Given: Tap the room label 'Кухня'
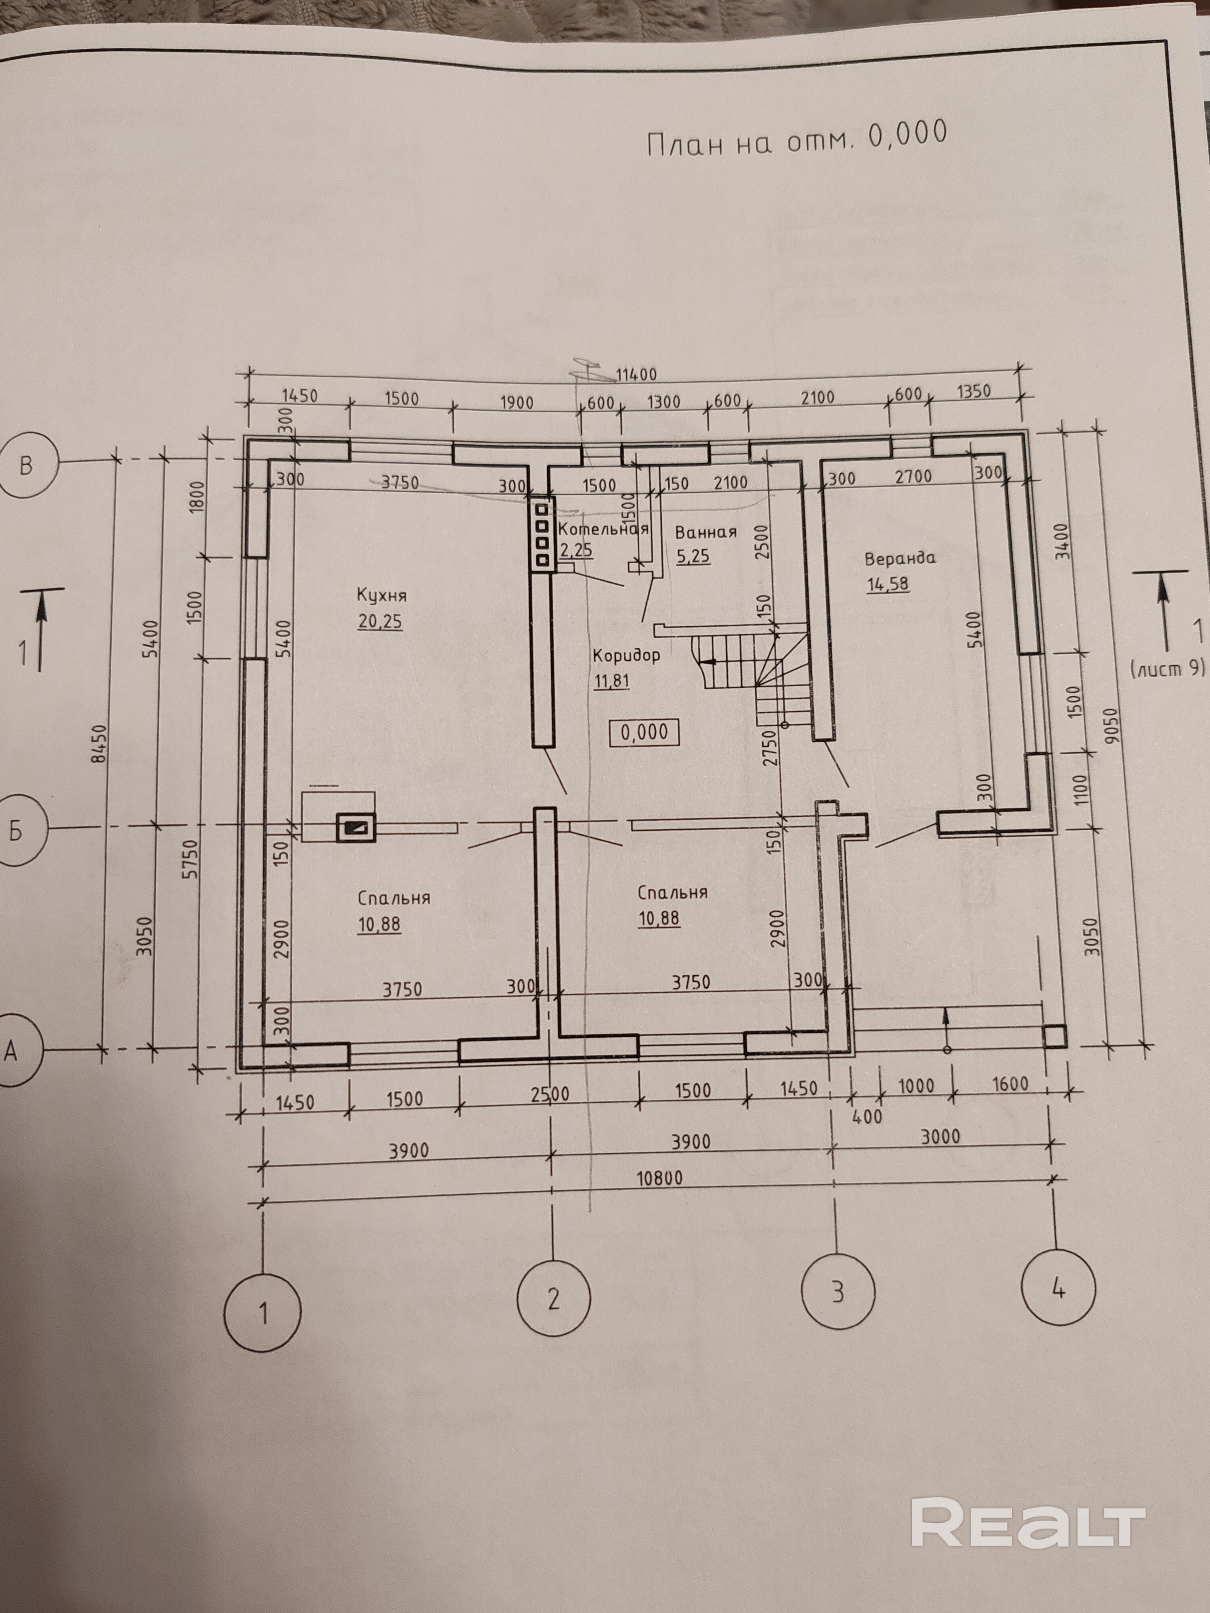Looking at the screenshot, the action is coord(381,595).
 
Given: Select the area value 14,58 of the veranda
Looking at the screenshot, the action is coord(888,585).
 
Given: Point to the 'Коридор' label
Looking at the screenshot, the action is coord(626,655).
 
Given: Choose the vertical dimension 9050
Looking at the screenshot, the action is coord(1112,726).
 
